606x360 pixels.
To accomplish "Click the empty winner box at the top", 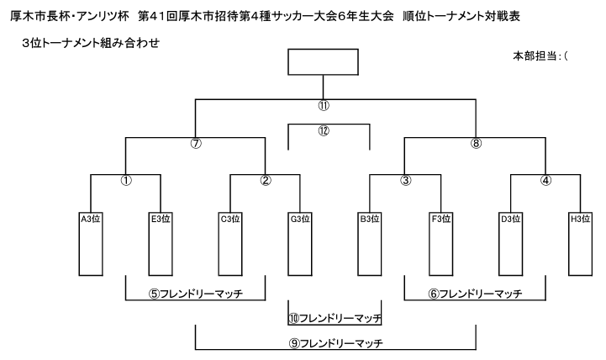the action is tap(323, 62).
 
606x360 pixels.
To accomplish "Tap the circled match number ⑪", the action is tap(324, 106).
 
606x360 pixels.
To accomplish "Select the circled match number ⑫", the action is tap(324, 130).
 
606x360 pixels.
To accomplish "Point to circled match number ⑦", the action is tap(196, 144).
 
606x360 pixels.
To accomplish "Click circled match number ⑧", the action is tap(476, 144).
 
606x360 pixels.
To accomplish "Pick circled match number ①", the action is tap(126, 180).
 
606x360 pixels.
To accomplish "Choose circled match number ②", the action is tap(266, 180).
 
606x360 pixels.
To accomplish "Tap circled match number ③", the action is tap(405, 180).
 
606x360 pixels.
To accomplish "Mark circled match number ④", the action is tap(545, 180).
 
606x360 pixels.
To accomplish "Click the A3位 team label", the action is tap(91, 219).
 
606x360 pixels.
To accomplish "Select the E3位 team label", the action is tap(161, 219).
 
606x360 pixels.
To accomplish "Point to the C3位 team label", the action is tap(230, 219).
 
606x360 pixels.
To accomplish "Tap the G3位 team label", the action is tap(300, 219).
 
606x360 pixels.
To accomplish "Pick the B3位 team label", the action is tap(370, 219).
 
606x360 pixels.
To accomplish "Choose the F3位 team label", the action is tap(441, 219).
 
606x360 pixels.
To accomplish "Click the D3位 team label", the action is tap(510, 219).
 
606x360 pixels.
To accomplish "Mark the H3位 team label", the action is tap(581, 219).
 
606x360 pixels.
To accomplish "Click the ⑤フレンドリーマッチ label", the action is tap(196, 294).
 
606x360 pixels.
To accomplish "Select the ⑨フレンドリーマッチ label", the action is tap(335, 343).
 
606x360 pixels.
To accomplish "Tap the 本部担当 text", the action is tap(535, 56).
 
